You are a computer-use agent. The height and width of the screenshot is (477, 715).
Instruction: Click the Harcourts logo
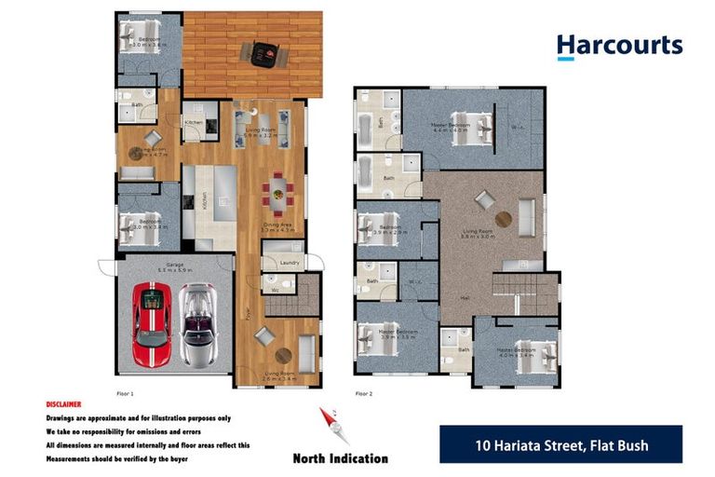pos(619,46)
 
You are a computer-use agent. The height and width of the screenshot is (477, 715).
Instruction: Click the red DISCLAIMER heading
pos(63,405)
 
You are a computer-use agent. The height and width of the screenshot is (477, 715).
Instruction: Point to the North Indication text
pos(340,458)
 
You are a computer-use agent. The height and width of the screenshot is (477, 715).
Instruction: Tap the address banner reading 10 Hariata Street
pos(560,444)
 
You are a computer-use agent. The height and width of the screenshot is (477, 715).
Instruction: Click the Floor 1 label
pos(126,393)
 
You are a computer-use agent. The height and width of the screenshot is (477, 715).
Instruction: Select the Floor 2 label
pos(364,393)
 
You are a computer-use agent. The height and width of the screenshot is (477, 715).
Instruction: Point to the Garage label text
pos(174,264)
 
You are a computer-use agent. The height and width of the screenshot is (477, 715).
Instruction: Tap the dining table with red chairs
pos(277,196)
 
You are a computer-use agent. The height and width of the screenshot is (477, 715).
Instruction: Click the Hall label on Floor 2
pos(465,298)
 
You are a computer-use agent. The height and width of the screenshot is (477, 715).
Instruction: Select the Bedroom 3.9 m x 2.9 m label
pos(389,229)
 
